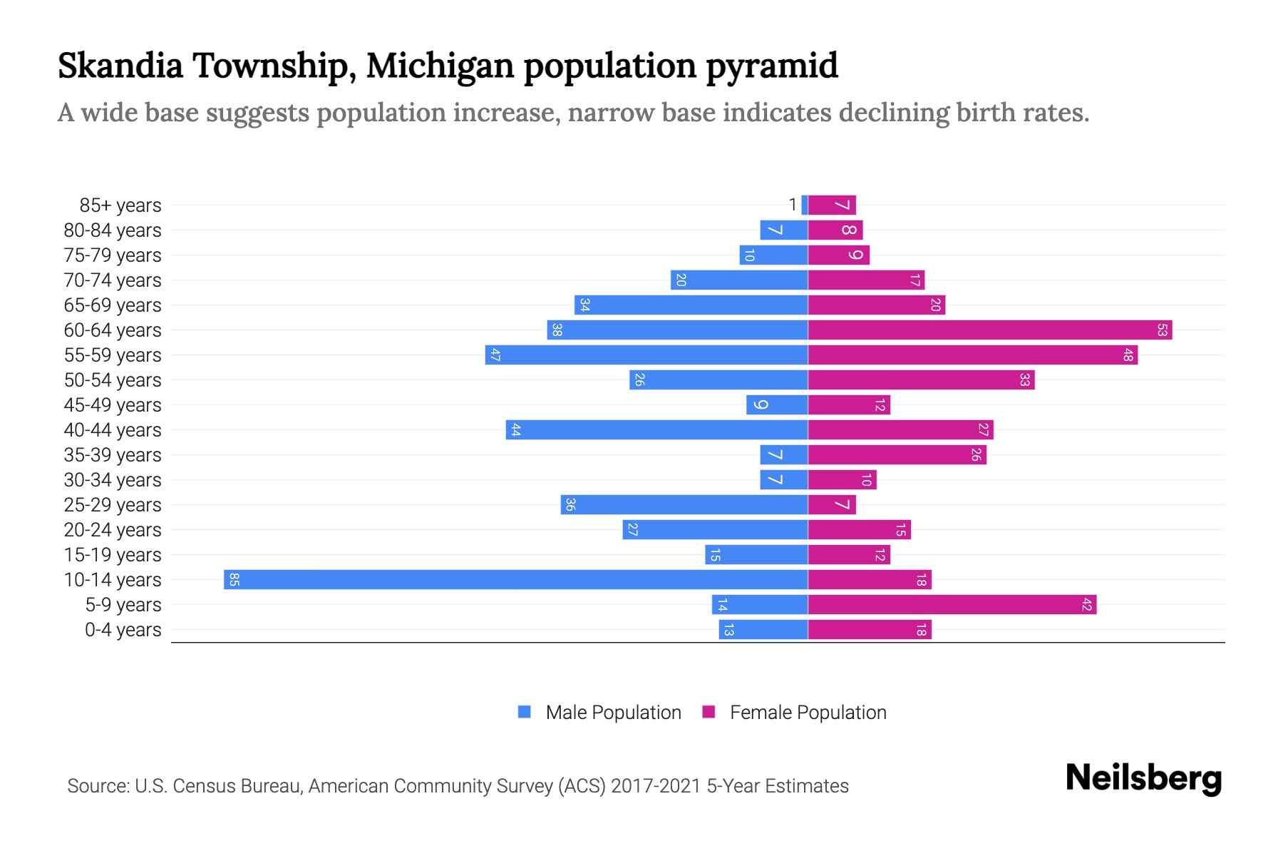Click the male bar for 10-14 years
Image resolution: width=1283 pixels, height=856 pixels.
515,579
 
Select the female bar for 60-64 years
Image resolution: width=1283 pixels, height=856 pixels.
989,330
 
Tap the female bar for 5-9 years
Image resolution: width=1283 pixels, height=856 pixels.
952,604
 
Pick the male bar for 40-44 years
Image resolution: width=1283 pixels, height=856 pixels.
656,429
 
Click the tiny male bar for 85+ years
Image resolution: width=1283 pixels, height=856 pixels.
805,205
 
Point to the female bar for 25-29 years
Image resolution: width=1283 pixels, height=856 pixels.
832,504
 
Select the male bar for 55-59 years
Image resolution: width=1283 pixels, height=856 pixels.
646,355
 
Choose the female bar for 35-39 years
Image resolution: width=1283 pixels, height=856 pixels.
897,454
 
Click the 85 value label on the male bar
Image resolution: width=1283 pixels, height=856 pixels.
234,579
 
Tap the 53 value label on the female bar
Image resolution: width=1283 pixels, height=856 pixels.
1162,330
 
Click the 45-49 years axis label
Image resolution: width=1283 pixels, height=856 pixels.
113,404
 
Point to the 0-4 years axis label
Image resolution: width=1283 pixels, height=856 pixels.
123,629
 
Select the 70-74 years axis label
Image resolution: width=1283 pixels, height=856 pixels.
113,280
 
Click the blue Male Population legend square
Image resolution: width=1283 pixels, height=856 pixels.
525,712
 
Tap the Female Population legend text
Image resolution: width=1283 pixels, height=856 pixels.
808,712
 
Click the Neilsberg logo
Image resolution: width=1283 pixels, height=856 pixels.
1143,778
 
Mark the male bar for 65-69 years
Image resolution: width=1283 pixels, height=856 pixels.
691,305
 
